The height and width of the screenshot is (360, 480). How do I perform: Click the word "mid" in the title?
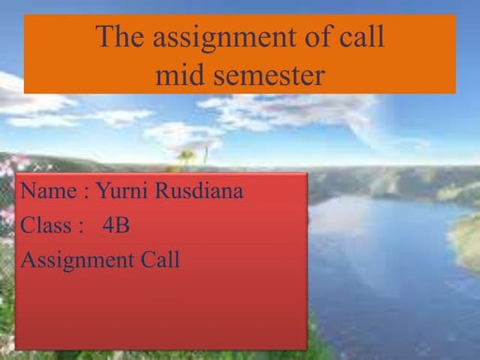(x=177, y=75)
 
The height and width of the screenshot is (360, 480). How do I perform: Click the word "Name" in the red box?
(x=48, y=191)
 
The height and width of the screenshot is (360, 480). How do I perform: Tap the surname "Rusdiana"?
(x=200, y=191)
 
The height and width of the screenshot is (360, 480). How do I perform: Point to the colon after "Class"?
(x=80, y=227)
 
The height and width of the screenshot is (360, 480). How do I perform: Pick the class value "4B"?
(x=115, y=225)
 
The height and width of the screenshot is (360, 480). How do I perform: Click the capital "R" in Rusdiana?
(x=163, y=190)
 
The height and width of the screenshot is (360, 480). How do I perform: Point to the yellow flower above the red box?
(x=186, y=156)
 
